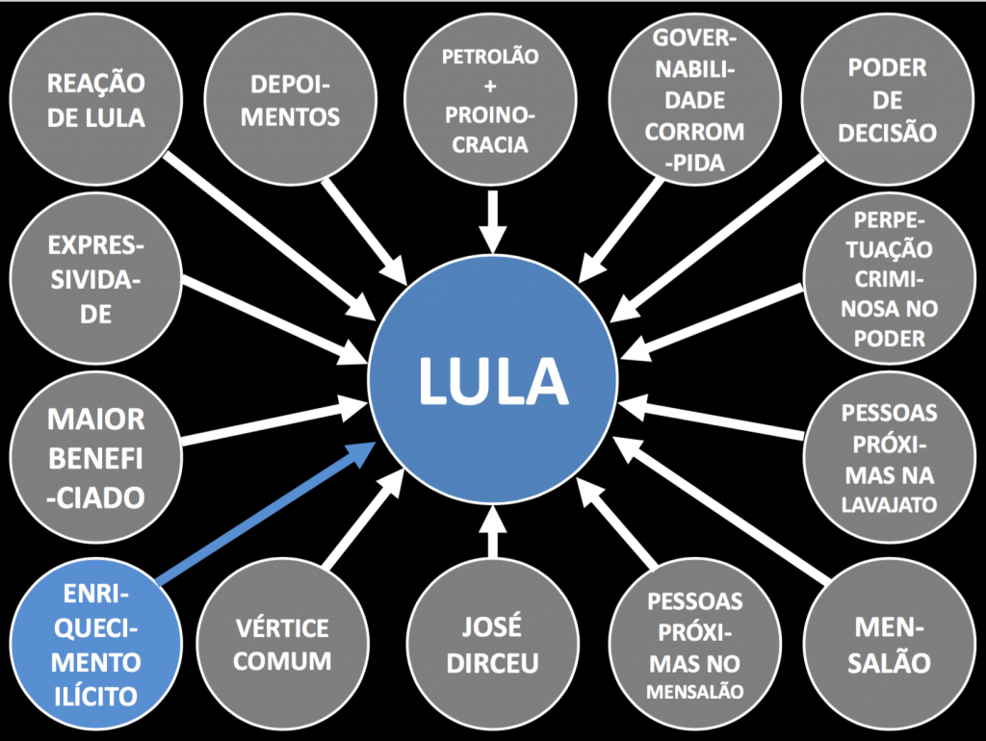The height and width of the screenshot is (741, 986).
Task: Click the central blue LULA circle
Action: click(493, 381)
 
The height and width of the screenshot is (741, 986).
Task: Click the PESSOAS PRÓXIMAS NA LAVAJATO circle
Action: click(889, 458)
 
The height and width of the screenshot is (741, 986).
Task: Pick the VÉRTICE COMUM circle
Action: click(283, 645)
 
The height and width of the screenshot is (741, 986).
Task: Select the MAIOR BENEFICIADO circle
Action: click(96, 458)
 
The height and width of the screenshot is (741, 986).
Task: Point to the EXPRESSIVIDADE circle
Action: click(96, 279)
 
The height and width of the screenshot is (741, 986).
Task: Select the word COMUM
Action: click(283, 662)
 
